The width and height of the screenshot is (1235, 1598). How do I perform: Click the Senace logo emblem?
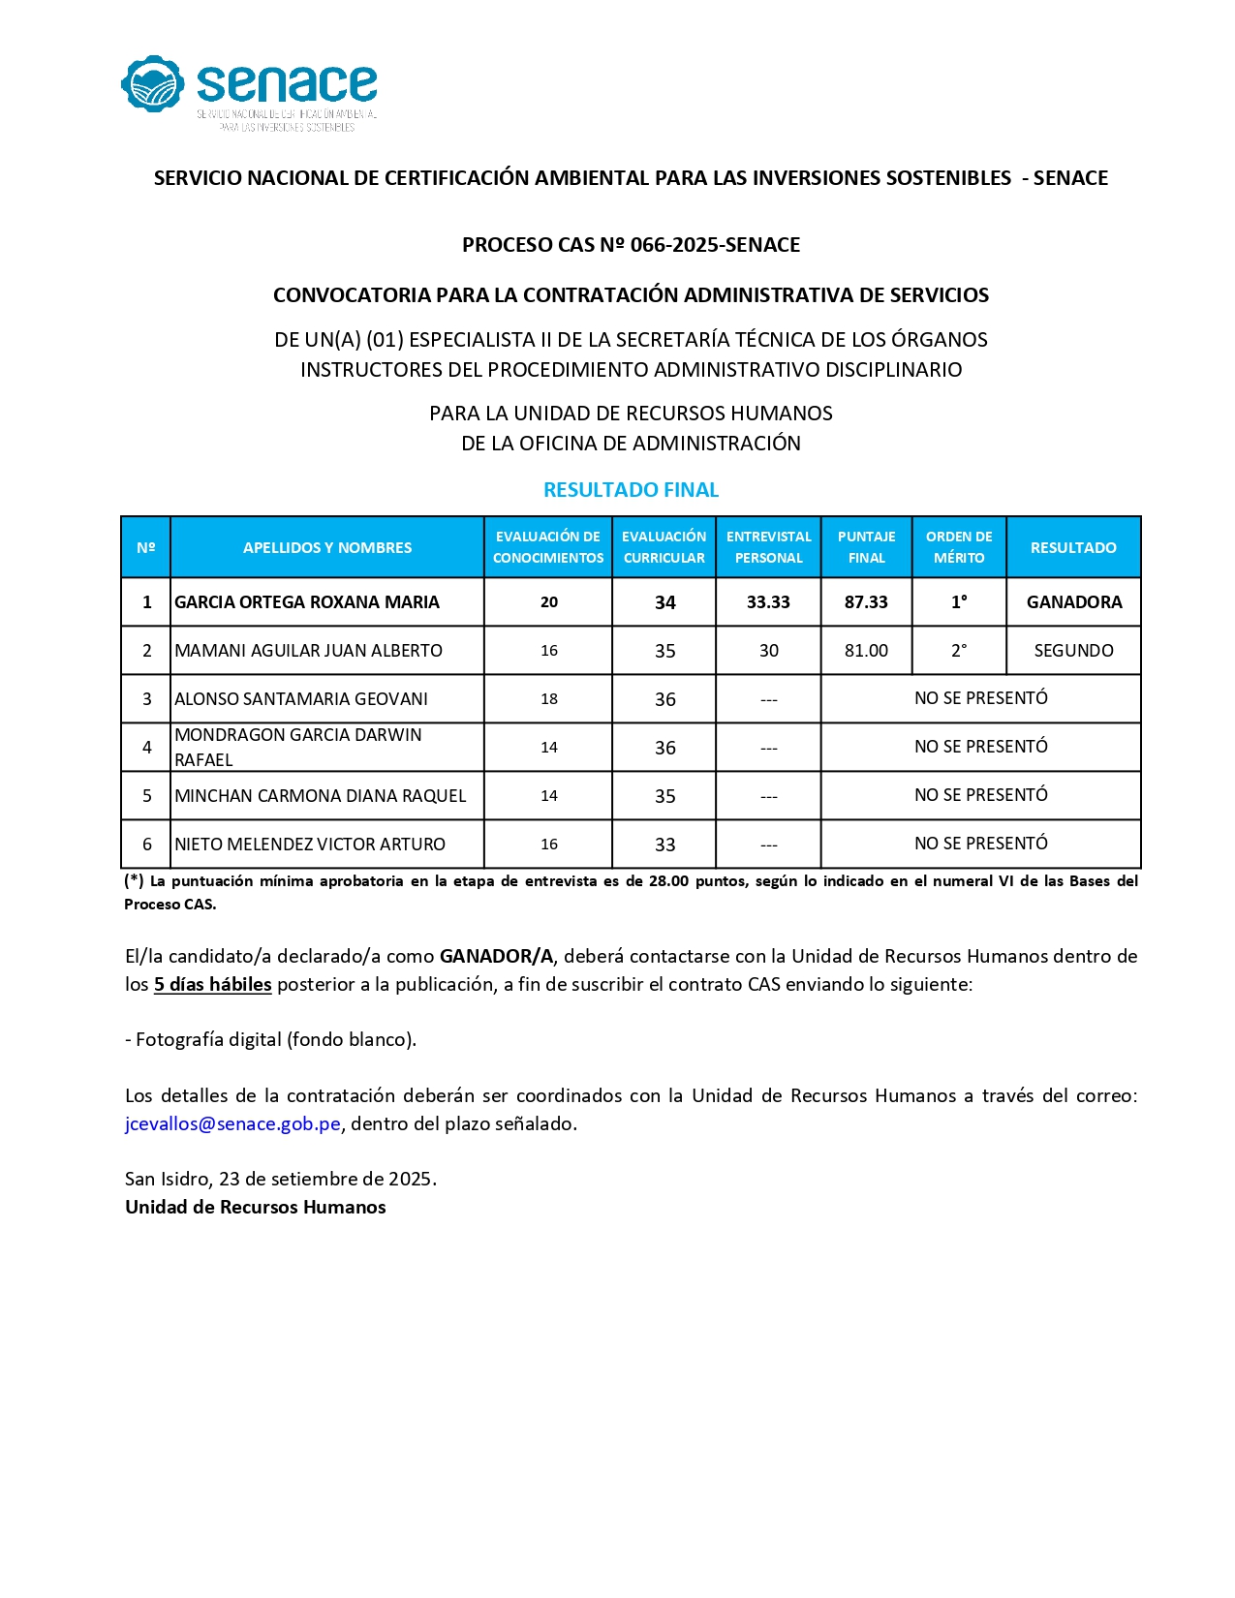pos(152,84)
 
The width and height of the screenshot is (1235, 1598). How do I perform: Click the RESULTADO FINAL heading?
pos(631,490)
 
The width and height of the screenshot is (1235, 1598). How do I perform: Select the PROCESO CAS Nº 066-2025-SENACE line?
pos(631,245)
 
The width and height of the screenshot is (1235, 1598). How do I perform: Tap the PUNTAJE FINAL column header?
pos(866,547)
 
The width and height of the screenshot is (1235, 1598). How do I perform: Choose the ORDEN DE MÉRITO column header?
pos(959,547)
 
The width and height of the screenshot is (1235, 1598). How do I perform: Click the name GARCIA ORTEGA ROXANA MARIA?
pos(307,602)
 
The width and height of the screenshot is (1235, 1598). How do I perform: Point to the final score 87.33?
pos(866,602)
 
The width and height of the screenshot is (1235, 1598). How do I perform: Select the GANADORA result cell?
pos(1074,602)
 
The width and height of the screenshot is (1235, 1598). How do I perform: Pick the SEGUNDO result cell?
pos(1073,651)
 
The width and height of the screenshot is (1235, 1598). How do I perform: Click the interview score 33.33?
pos(768,602)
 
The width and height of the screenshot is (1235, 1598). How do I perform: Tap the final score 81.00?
pos(866,651)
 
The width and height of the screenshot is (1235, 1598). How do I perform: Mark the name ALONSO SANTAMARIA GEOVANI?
pos(301,699)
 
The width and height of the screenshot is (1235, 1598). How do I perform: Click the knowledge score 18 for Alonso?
pos(549,699)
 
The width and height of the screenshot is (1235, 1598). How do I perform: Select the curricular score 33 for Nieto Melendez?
pos(664,845)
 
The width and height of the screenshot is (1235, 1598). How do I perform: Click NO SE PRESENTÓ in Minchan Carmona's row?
pos(980,795)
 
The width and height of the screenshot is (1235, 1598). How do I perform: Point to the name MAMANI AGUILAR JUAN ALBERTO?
pos(308,651)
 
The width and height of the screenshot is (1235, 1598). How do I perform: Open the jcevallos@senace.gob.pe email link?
pos(232,1123)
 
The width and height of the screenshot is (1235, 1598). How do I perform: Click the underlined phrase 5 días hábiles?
pos(212,984)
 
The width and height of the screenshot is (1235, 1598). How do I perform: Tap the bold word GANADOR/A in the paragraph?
pos(496,956)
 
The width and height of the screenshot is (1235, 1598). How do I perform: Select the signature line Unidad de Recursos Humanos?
pos(255,1207)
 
